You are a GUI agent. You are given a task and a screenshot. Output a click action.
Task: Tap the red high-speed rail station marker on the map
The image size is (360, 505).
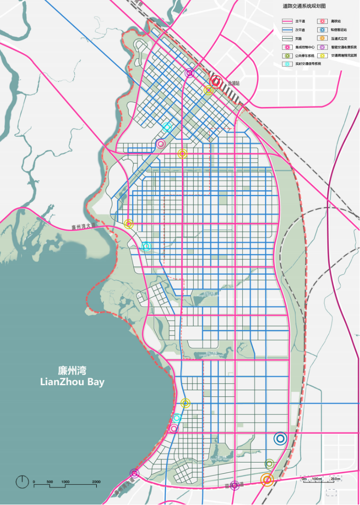click(215, 82)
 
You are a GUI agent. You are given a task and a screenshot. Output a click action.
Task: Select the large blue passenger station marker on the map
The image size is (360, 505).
click(280, 439)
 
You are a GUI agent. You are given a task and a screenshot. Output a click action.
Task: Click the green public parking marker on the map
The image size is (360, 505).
click(269, 464)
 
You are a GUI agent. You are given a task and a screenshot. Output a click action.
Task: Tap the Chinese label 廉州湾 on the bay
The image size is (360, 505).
click(72, 370)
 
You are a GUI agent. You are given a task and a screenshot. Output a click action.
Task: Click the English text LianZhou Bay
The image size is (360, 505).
click(72, 382)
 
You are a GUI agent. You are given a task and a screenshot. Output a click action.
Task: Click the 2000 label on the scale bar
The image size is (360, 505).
click(96, 482)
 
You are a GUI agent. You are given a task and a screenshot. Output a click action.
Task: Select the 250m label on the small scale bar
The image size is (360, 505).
click(336, 479)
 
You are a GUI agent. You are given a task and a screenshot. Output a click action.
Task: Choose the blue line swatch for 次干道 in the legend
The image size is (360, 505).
click(287, 30)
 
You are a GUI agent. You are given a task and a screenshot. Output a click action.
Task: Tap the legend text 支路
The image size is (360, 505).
click(299, 38)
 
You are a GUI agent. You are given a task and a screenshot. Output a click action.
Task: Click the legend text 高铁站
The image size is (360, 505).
click(336, 22)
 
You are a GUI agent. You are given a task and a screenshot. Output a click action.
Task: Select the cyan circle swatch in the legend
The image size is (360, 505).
click(287, 64)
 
